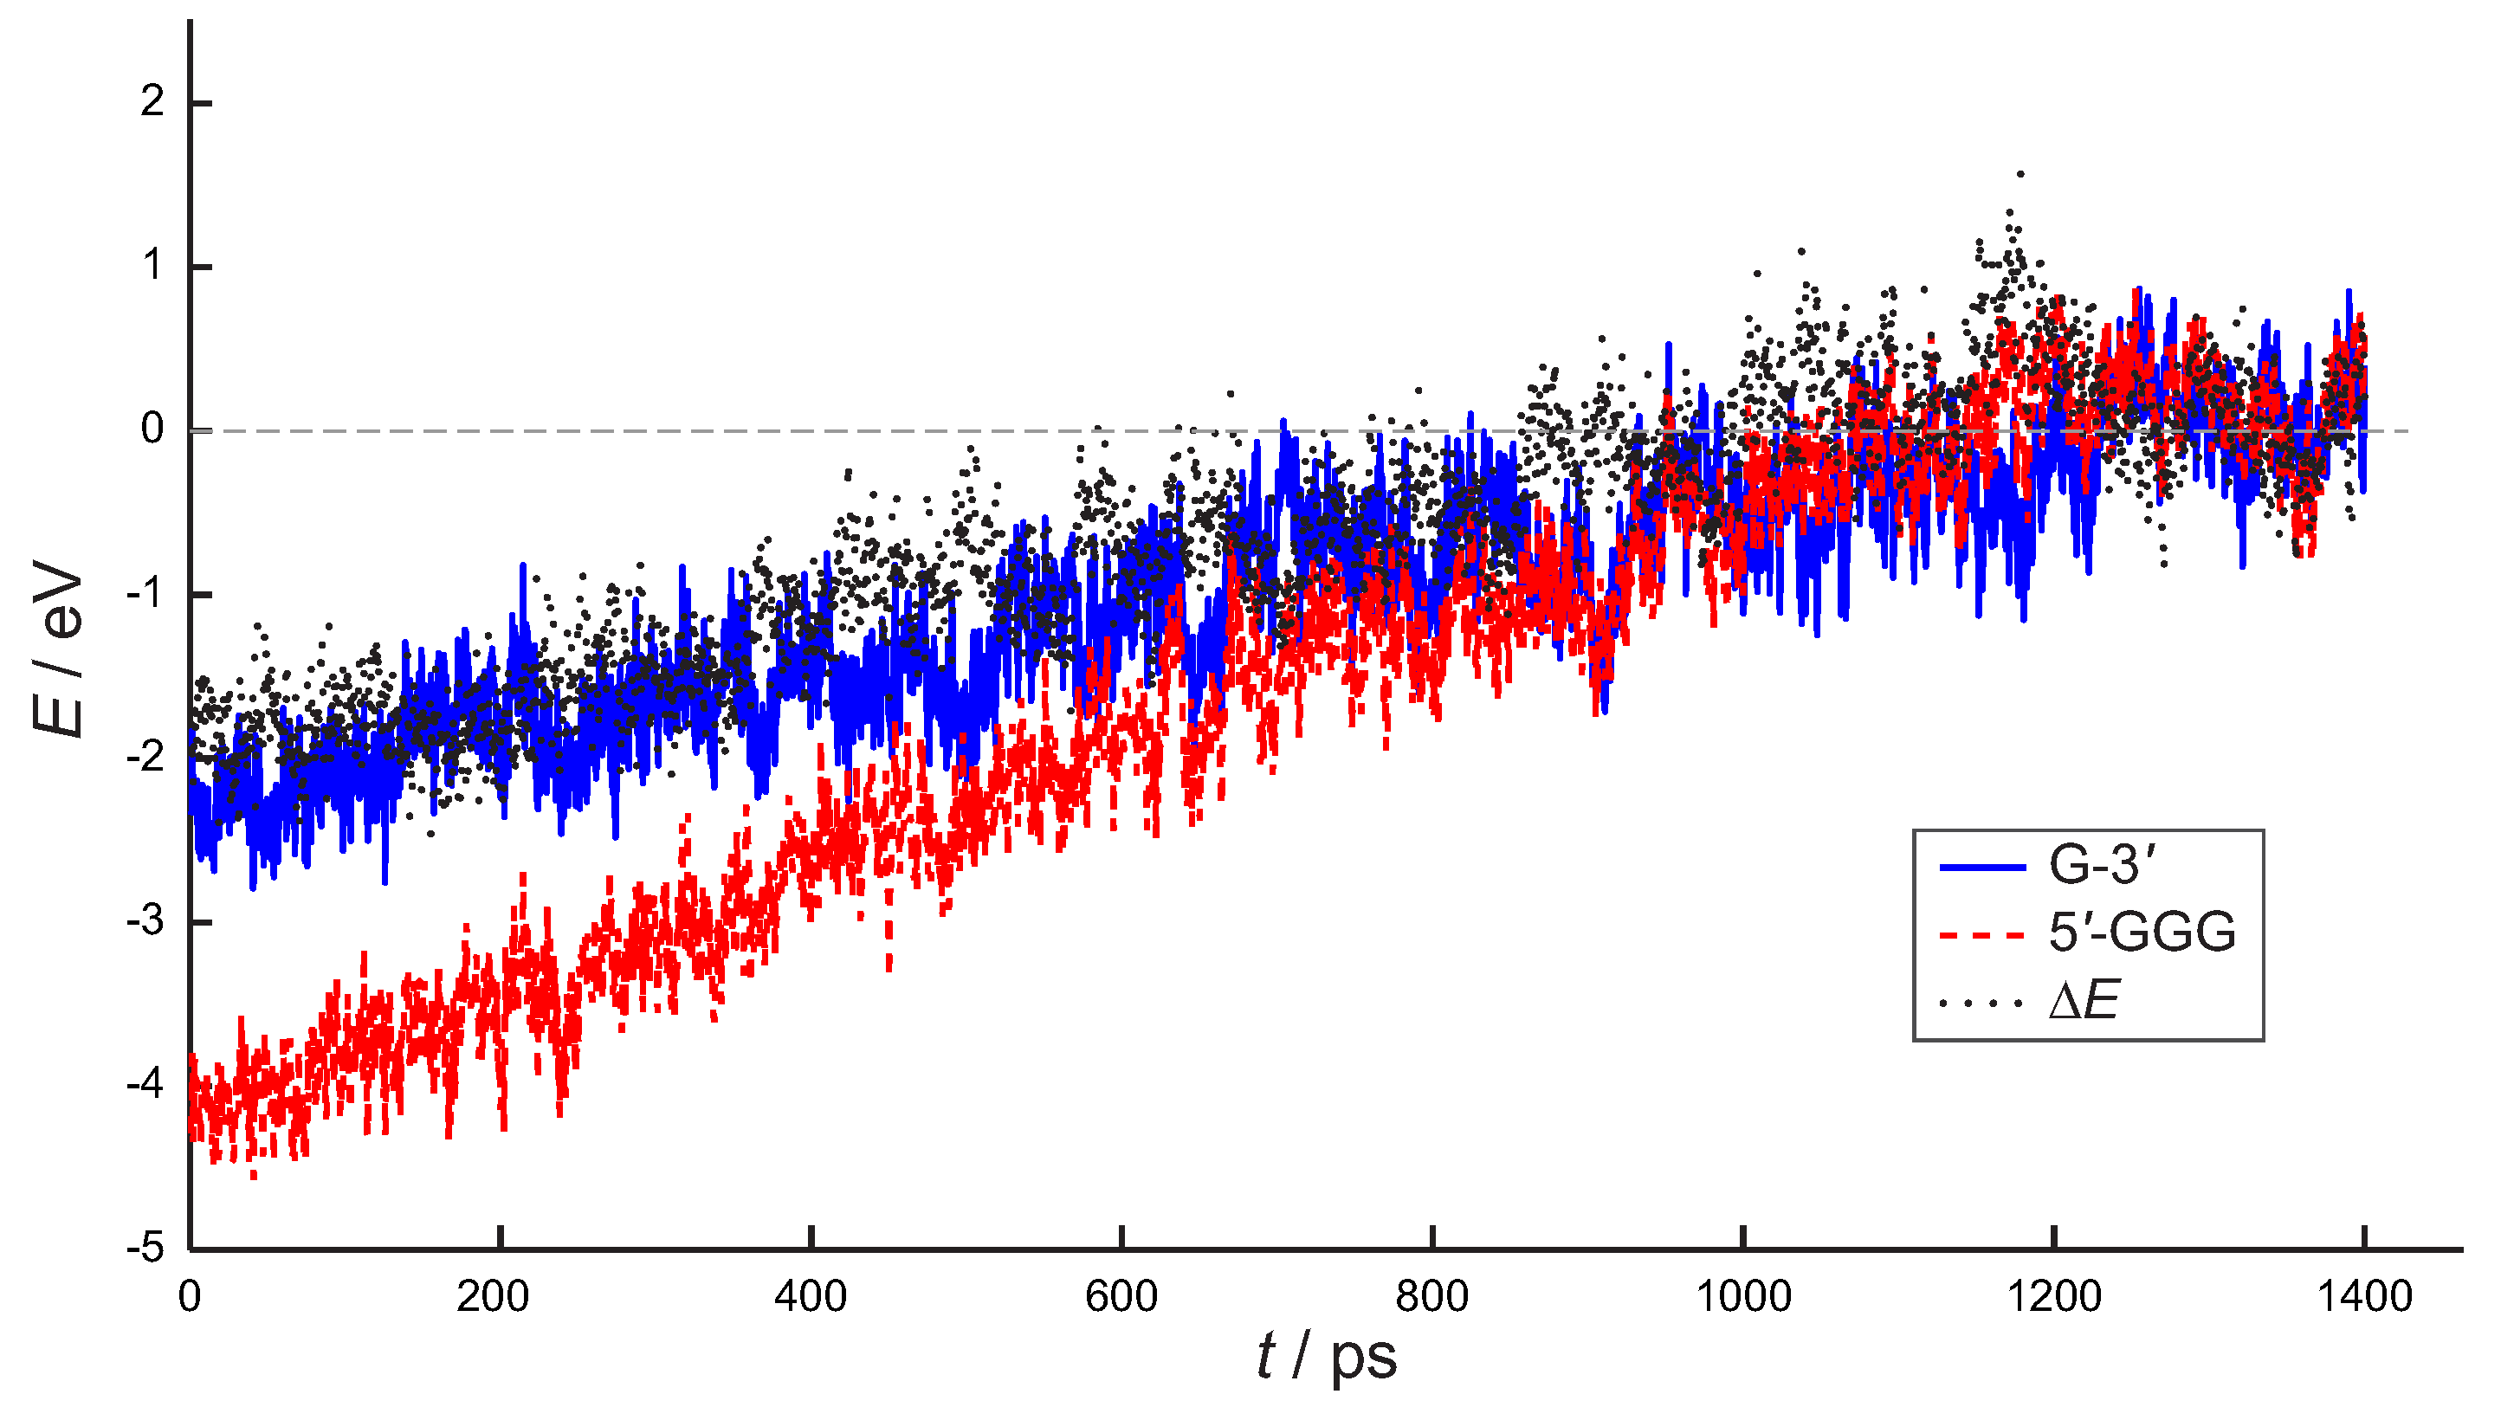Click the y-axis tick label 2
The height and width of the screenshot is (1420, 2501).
[x=152, y=102]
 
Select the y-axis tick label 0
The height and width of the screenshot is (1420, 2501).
[x=152, y=429]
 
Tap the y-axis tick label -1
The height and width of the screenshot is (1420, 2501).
[x=145, y=594]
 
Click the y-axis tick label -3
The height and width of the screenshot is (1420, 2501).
[x=145, y=921]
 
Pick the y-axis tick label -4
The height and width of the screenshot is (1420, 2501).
[x=145, y=1085]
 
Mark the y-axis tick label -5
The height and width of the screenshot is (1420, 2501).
[x=145, y=1249]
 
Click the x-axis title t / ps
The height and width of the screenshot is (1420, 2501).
[x=1327, y=1358]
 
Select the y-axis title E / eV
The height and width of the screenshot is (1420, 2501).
[x=59, y=649]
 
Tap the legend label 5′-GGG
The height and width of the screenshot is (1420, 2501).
[x=2141, y=933]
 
